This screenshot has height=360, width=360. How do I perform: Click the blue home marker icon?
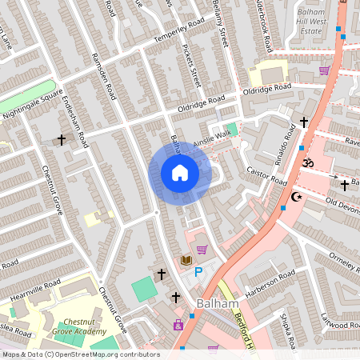pos(180,173)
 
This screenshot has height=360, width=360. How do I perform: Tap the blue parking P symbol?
pos(199,273)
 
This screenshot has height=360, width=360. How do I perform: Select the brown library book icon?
pos(186,260)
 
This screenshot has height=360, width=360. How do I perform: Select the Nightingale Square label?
pos(32,102)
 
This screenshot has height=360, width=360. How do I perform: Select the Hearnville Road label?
pos(35,290)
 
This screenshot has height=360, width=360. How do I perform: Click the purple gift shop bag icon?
pos(178,325)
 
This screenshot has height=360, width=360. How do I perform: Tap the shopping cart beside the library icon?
pos(202,250)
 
